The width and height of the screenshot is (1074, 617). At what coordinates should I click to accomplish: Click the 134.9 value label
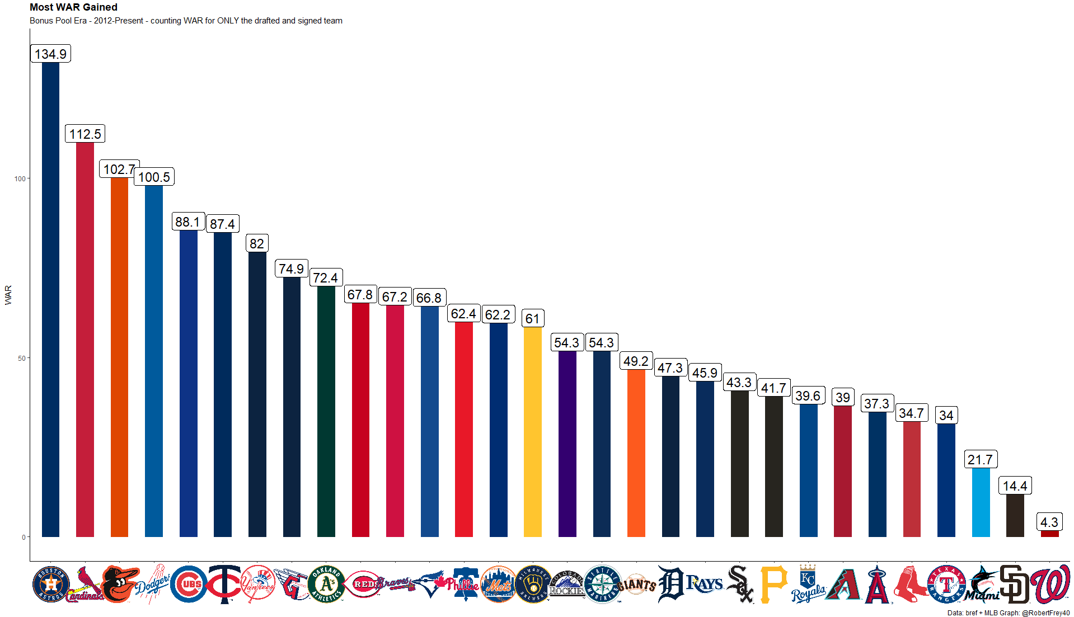[50, 54]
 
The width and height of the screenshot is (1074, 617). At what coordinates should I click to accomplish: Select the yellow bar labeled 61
[532, 431]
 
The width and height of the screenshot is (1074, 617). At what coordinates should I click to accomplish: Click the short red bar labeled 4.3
[1049, 534]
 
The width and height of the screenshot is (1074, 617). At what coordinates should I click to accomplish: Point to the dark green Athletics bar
[326, 411]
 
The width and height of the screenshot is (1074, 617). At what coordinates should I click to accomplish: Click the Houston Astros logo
[51, 585]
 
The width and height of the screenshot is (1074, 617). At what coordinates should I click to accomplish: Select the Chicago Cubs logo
[189, 585]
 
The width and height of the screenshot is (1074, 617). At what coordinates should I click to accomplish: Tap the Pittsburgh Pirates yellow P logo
[773, 585]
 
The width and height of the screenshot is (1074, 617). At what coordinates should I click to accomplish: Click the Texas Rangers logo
[946, 585]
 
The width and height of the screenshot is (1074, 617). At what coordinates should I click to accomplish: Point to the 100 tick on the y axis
[20, 179]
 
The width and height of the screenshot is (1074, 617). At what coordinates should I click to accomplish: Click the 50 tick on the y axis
[22, 358]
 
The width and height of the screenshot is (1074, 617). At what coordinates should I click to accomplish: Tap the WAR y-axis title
[8, 295]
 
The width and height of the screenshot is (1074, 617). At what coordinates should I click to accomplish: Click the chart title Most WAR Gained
[73, 7]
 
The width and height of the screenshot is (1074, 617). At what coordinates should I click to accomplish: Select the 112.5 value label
[85, 134]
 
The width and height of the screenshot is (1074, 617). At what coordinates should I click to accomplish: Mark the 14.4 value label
[1015, 486]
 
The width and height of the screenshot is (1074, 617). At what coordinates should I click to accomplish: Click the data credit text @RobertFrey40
[1045, 613]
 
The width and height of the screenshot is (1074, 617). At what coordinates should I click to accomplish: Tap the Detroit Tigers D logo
[670, 585]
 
